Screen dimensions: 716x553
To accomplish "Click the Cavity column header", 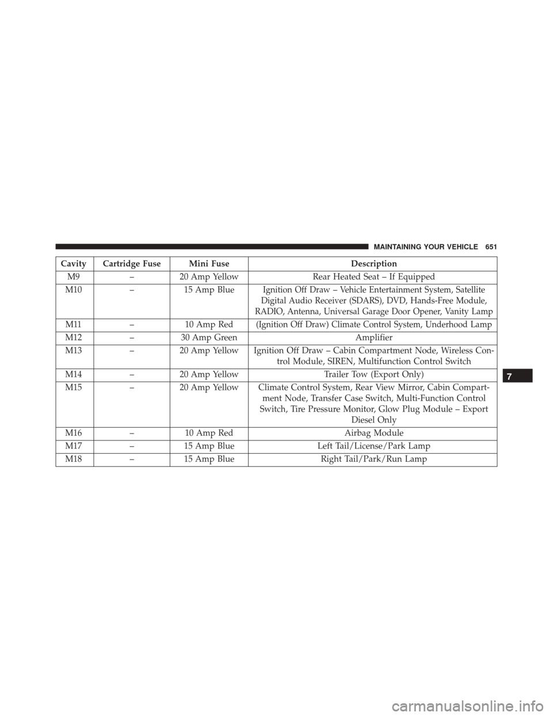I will (x=73, y=263).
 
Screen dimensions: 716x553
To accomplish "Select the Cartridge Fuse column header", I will (x=132, y=263).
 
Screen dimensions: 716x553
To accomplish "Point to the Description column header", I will (x=372, y=263).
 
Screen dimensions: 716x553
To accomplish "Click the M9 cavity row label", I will (x=73, y=276).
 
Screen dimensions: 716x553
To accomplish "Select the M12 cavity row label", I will (x=73, y=337).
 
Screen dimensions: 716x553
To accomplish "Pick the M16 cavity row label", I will (x=73, y=433).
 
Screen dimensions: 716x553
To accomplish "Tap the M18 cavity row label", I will (x=73, y=459).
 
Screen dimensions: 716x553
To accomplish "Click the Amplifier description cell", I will (x=373, y=337).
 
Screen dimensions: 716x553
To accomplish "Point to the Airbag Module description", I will (x=373, y=433).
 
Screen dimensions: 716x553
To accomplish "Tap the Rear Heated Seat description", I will (x=373, y=276).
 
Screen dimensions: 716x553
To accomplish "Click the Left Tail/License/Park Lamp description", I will (x=373, y=446).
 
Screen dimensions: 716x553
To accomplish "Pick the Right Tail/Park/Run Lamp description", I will (x=373, y=459).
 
